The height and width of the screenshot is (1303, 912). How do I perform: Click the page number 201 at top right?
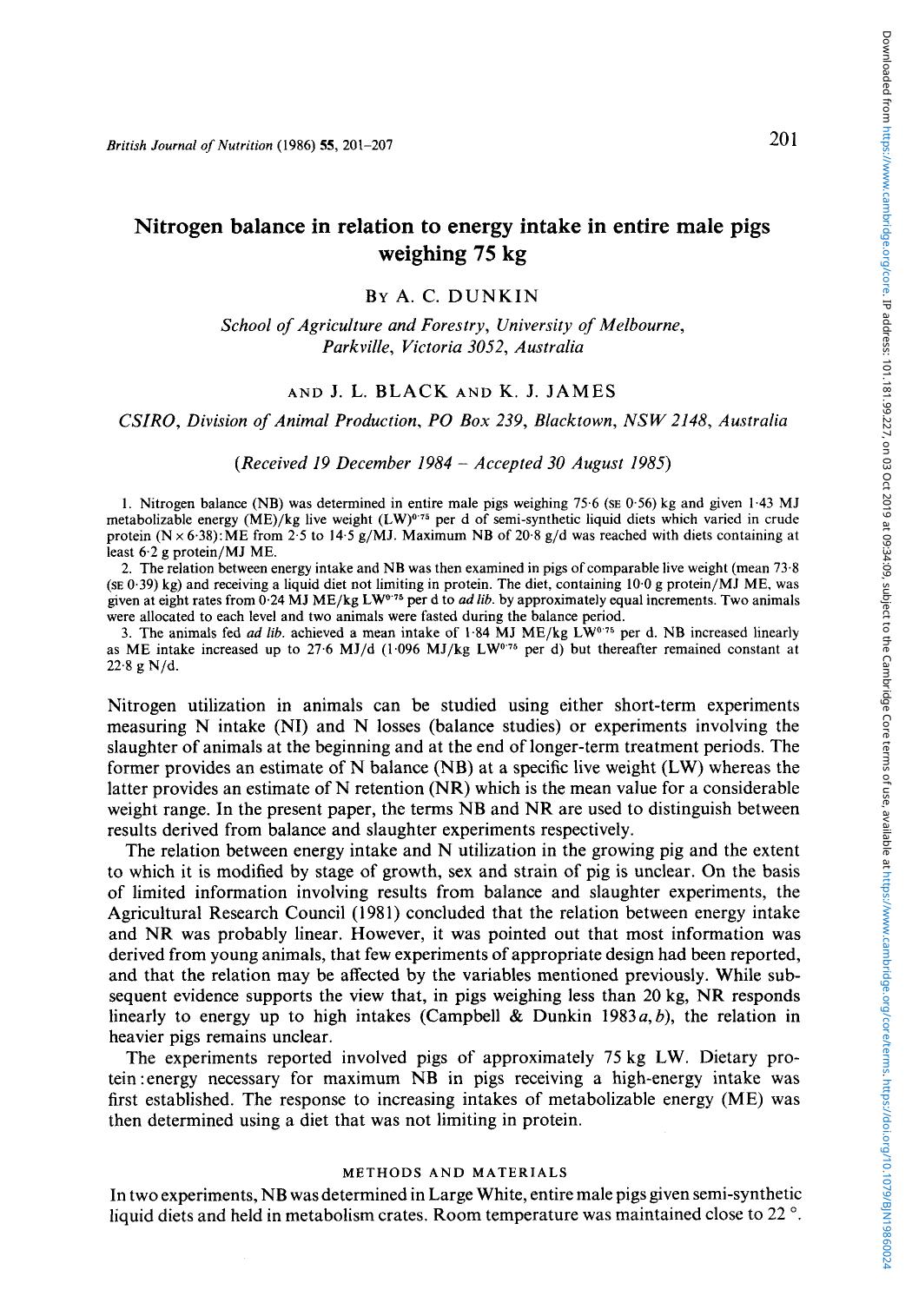pos(783,141)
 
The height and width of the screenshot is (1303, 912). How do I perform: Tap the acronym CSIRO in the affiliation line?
pos(143,420)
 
